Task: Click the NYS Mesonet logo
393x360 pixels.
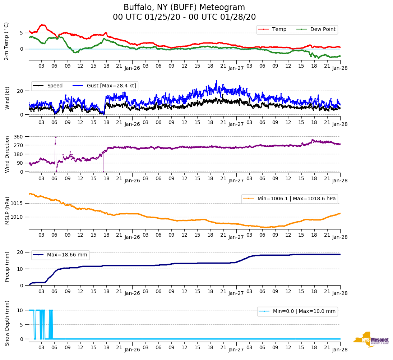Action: click(x=371, y=340)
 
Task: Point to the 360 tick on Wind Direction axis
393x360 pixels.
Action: click(x=18, y=137)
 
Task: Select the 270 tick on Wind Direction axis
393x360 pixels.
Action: click(x=18, y=145)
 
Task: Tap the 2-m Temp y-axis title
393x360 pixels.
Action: click(x=6, y=41)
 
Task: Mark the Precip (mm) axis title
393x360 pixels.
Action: click(x=7, y=267)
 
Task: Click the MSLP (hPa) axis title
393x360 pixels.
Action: click(x=7, y=210)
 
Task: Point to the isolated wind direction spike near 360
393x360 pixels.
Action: click(x=56, y=137)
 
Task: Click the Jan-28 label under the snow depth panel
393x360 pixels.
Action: click(x=340, y=350)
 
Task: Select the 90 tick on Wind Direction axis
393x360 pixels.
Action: click(x=20, y=163)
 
